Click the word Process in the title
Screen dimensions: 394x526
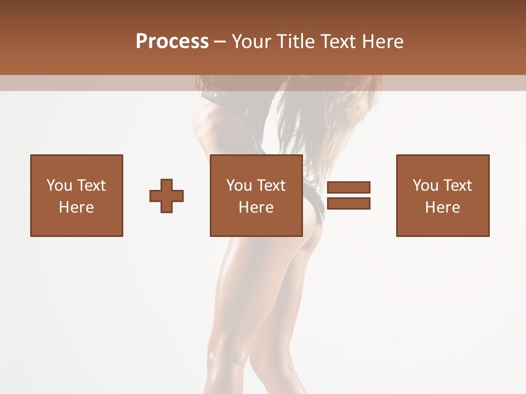pyautogui.click(x=172, y=41)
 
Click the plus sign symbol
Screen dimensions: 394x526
pyautogui.click(x=167, y=196)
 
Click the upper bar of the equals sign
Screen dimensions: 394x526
pyautogui.click(x=348, y=187)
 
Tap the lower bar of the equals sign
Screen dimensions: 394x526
pyautogui.click(x=348, y=203)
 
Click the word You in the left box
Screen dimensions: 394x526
pyautogui.click(x=59, y=186)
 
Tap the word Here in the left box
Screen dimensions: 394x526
pyautogui.click(x=76, y=207)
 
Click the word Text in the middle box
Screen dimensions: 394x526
pyautogui.click(x=271, y=186)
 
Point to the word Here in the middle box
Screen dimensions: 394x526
pyautogui.click(x=256, y=207)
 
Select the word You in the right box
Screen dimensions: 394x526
pyautogui.click(x=425, y=186)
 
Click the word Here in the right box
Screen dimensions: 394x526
pyautogui.click(x=442, y=207)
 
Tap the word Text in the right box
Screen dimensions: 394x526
pyautogui.click(x=457, y=186)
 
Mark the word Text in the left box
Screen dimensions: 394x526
pyautogui.click(x=91, y=186)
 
